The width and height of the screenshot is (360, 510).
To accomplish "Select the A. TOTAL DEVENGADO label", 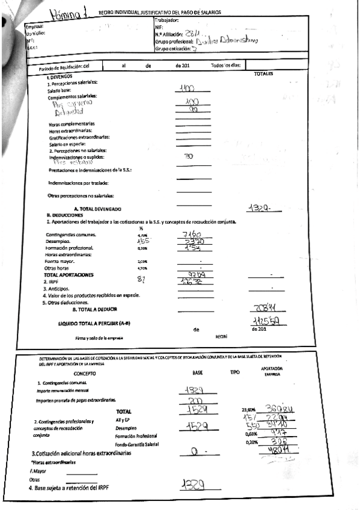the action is tap(93, 208).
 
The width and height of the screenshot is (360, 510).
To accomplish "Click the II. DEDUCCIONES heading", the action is tap(64, 215).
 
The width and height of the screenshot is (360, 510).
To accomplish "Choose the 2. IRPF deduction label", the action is tap(53, 281).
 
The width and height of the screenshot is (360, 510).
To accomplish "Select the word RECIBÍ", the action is tap(221, 337).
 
